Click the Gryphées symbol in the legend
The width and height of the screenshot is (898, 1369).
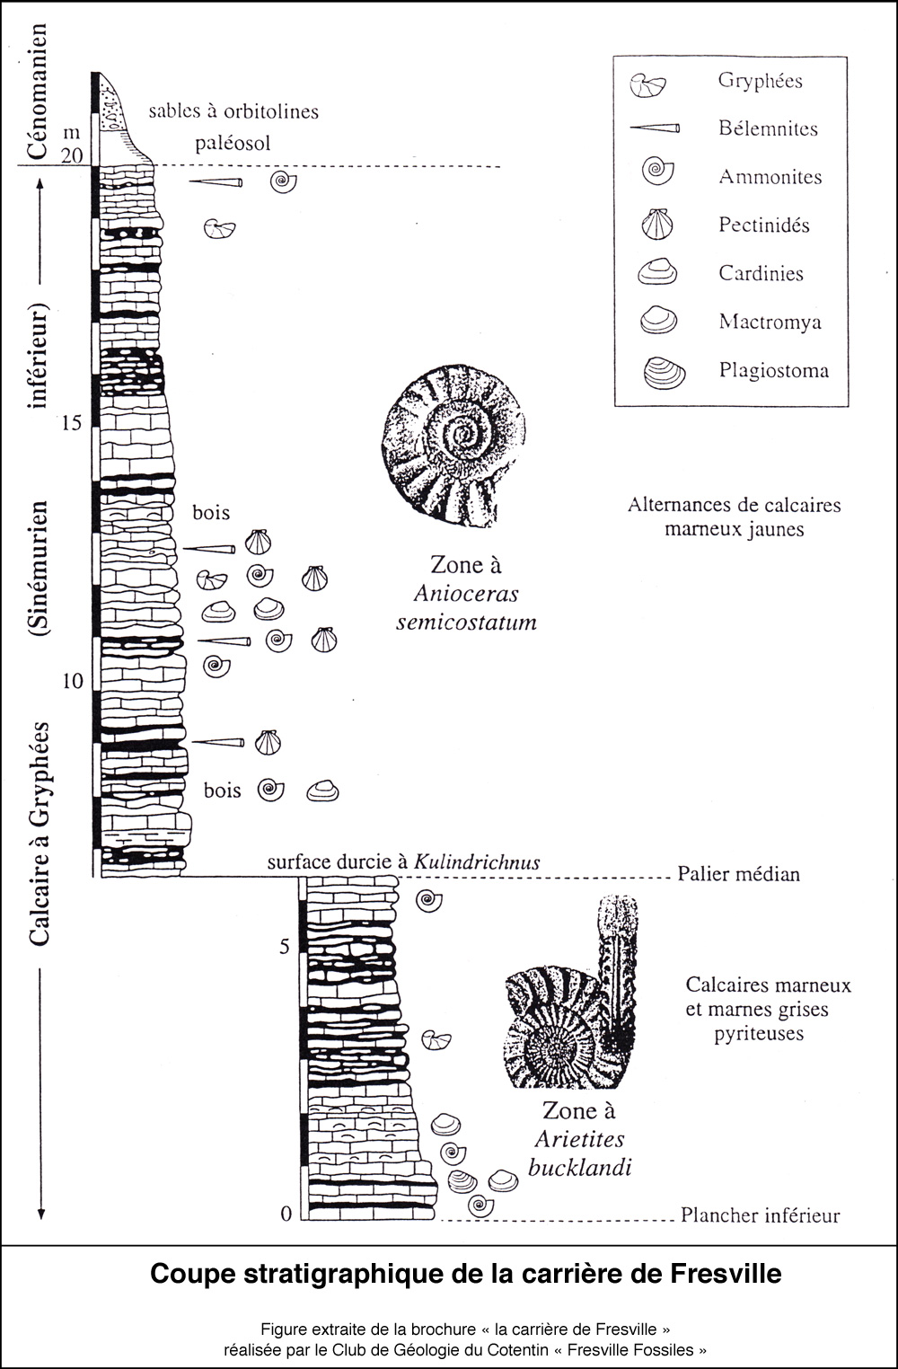pos(647,84)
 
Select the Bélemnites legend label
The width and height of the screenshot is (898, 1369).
pos(768,128)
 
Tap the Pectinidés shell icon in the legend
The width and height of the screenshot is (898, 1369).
pos(657,224)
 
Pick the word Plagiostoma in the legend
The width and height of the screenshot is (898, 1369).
pos(773,370)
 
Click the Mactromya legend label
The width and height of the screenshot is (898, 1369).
pos(770,322)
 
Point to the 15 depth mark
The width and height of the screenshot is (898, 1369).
pos(71,422)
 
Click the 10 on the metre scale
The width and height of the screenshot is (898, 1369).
pos(72,681)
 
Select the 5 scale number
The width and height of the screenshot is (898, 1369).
pos(285,947)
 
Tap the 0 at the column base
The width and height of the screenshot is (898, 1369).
pos(286,1214)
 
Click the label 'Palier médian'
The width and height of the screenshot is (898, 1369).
pos(738,874)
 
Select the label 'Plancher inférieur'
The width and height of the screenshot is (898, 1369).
pos(760,1215)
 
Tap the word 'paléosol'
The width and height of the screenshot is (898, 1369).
pos(233,144)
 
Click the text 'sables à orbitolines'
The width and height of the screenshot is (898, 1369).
pos(233,111)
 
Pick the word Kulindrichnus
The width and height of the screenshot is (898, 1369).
pos(477,862)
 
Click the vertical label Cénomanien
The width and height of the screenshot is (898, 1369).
pos(37,92)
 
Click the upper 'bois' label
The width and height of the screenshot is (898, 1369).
pos(211,513)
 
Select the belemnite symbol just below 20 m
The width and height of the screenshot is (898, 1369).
pos(216,182)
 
